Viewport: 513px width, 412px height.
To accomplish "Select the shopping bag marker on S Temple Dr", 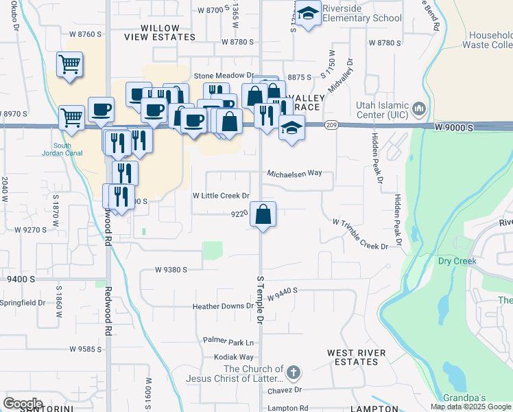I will pyautogui.click(x=263, y=215).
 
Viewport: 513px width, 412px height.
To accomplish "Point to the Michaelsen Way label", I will pyautogui.click(x=294, y=174).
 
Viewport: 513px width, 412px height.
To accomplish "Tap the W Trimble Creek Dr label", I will pyautogui.click(x=360, y=234).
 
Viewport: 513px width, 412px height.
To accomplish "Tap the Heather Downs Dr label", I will pyautogui.click(x=223, y=306).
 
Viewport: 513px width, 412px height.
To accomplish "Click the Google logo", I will pyautogui.click(x=23, y=404).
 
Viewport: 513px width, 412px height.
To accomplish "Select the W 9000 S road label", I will pyautogui.click(x=454, y=128).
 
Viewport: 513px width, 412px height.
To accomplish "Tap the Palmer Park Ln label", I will pyautogui.click(x=228, y=341).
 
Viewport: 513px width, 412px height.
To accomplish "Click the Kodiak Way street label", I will pyautogui.click(x=234, y=357).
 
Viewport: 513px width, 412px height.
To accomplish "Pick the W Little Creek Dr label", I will pyautogui.click(x=220, y=196).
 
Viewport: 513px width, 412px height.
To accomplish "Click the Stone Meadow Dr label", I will pyautogui.click(x=223, y=76).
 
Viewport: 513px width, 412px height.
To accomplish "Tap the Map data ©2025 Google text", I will pyautogui.click(x=471, y=407).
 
